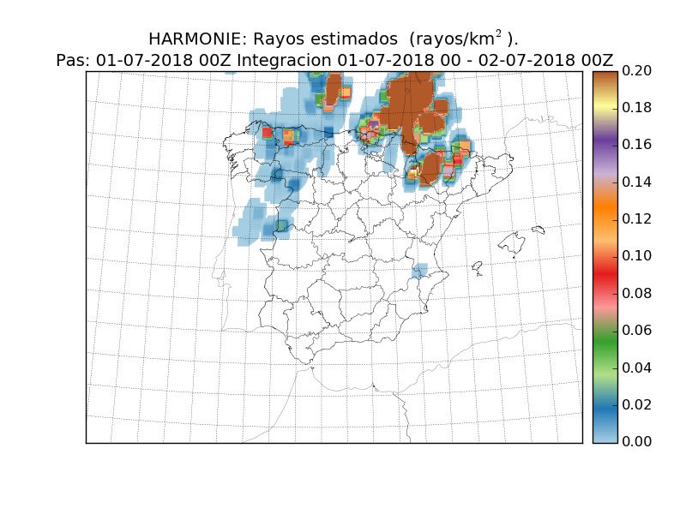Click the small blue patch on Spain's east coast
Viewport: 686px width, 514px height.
419,272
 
